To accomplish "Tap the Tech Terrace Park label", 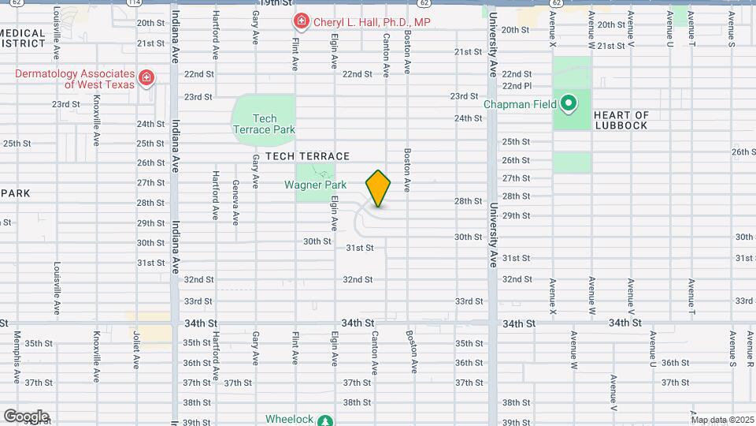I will tap(263, 124).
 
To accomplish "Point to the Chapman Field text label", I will tap(520, 104).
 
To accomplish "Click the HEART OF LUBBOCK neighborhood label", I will tap(621, 120).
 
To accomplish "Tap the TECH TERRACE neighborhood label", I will tap(307, 157).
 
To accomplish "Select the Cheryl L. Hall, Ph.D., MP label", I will tap(372, 22).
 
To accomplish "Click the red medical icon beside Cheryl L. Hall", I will tap(300, 21).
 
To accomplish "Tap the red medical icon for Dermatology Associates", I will tap(146, 77).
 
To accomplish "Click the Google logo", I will tap(26, 416).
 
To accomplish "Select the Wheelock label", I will tap(289, 419).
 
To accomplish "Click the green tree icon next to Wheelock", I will tap(324, 420).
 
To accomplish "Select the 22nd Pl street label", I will tap(517, 86).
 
